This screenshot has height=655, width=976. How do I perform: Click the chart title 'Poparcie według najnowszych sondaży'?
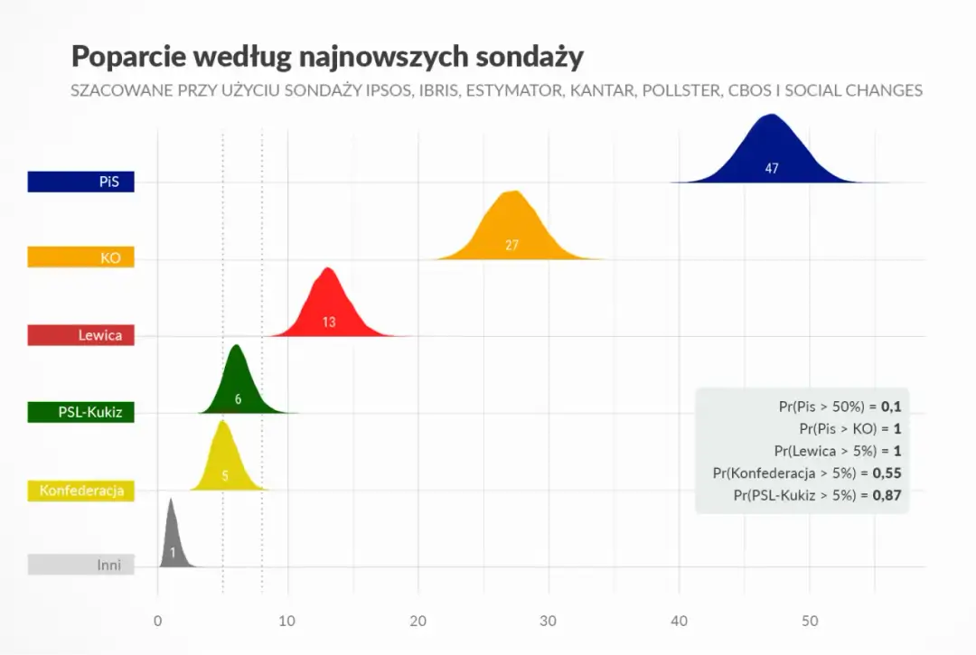click(327, 56)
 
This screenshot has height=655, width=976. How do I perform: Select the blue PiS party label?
click(80, 182)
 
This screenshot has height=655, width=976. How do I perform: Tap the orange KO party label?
click(80, 258)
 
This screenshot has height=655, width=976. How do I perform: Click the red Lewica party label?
click(80, 335)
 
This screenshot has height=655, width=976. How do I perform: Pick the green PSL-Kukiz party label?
click(80, 413)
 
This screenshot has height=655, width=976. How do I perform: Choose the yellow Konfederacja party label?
click(80, 491)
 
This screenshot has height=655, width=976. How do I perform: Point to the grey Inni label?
click(80, 566)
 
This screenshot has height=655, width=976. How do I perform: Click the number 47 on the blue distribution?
click(771, 168)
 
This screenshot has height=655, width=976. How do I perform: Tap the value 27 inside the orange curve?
click(511, 245)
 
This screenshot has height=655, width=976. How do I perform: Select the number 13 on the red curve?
click(329, 322)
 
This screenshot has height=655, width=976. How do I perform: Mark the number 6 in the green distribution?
click(238, 398)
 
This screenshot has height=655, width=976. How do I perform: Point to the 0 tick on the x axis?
click(158, 622)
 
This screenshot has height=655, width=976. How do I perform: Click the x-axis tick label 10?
click(287, 622)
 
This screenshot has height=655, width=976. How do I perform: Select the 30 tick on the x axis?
click(549, 622)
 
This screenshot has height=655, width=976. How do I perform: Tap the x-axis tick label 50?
click(810, 622)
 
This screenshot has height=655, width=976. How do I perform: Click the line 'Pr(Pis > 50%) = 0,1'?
click(840, 407)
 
